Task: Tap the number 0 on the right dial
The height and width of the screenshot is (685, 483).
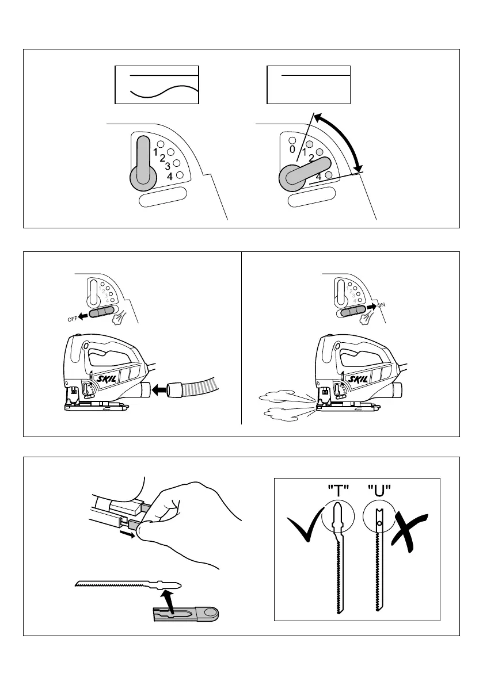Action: (292, 150)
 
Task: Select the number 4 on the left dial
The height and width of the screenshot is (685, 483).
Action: (170, 177)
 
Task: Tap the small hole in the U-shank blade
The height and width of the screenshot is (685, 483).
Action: (380, 522)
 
